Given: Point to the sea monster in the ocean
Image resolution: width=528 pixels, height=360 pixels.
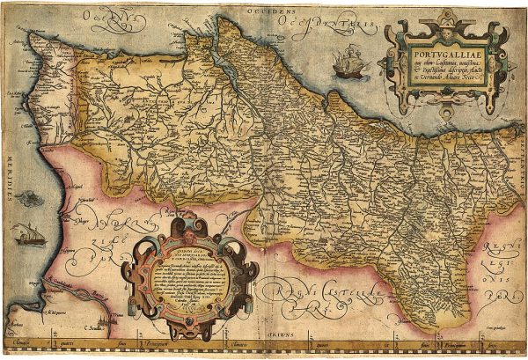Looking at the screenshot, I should pos(28,199).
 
